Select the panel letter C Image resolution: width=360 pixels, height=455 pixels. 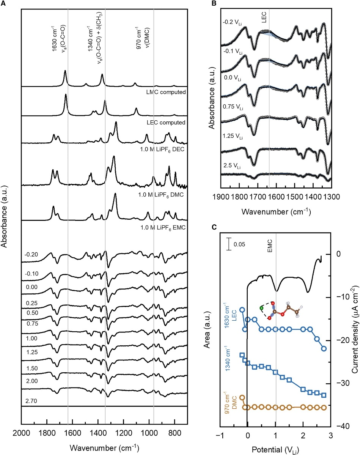214,228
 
